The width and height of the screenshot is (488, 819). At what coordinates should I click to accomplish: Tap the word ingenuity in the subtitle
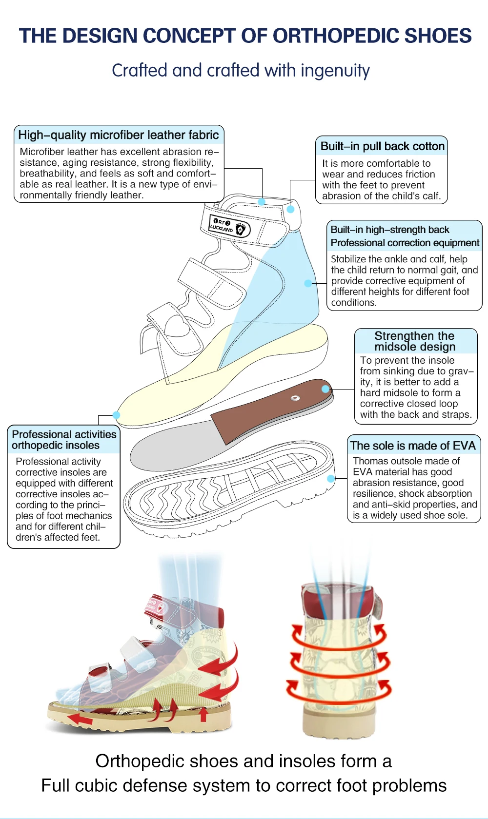pyautogui.click(x=335, y=71)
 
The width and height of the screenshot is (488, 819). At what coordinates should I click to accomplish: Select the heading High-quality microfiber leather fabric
pyautogui.click(x=119, y=135)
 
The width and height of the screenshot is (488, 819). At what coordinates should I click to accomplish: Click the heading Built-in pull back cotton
pyautogui.click(x=382, y=146)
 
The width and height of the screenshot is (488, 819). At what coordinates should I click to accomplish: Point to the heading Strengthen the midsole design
pyautogui.click(x=415, y=341)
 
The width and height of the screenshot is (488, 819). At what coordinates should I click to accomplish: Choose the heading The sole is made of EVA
pyautogui.click(x=413, y=446)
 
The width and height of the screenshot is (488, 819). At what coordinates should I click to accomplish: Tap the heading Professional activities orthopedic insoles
pyautogui.click(x=63, y=440)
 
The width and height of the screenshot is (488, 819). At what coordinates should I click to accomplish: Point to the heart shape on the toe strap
pyautogui.click(x=176, y=325)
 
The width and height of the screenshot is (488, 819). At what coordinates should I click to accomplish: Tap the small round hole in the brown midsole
pyautogui.click(x=295, y=398)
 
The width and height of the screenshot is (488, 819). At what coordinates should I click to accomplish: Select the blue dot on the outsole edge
pyautogui.click(x=331, y=479)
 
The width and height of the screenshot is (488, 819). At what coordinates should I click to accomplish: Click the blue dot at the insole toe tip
pyautogui.click(x=116, y=415)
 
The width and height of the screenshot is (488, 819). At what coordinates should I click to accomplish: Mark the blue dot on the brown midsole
pyautogui.click(x=325, y=389)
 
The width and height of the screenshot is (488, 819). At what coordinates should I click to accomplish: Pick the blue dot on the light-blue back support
pyautogui.click(x=308, y=283)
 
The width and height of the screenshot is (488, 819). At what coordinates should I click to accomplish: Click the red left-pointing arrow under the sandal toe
pyautogui.click(x=81, y=719)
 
